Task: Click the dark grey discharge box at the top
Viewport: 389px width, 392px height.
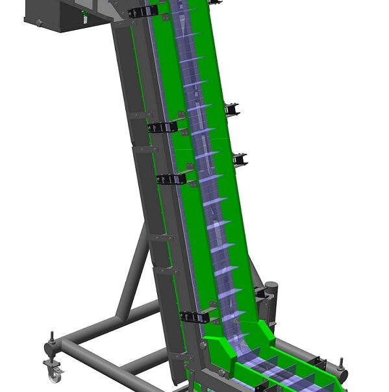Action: point(62,16)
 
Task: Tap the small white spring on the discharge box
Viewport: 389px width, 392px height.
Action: point(85,20)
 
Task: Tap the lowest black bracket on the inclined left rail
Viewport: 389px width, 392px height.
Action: point(197,317)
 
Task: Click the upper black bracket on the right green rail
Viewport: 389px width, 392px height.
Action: point(232,108)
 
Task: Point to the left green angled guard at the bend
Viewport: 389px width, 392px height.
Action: point(221,354)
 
